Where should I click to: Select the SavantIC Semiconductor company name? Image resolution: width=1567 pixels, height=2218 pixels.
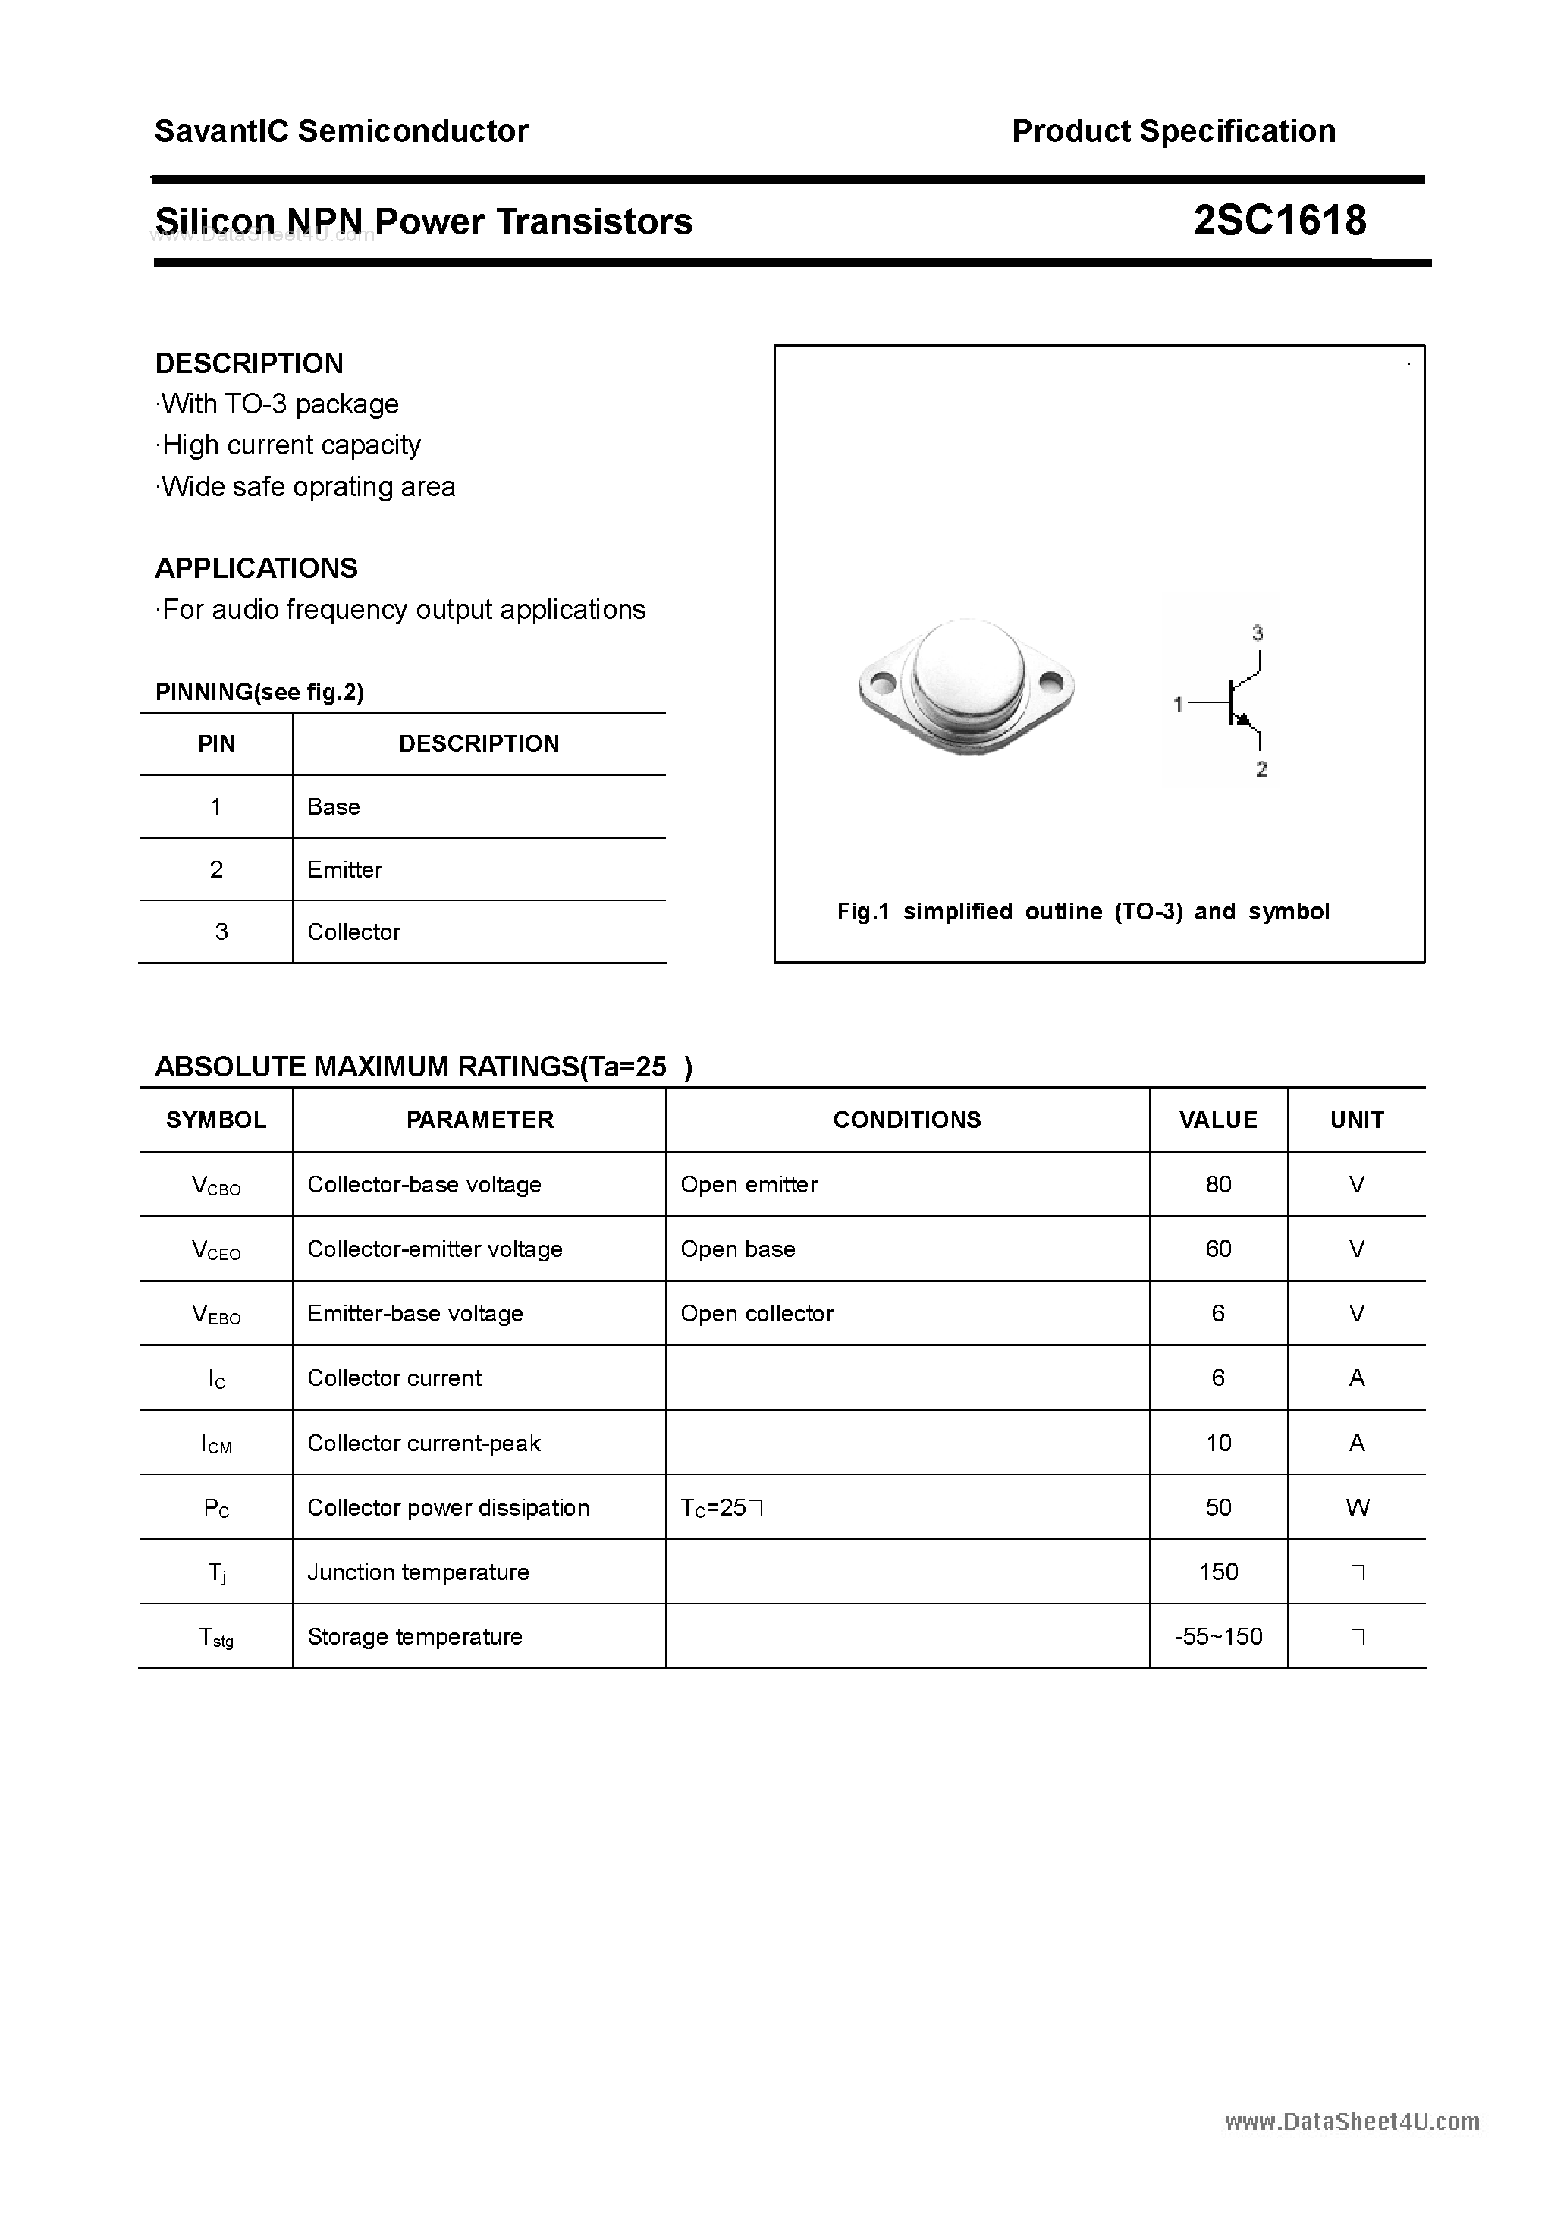pyautogui.click(x=341, y=131)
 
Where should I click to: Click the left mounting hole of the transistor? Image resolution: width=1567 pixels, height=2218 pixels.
pyautogui.click(x=882, y=684)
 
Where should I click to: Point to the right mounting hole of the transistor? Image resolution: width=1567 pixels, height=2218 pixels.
pyautogui.click(x=1051, y=684)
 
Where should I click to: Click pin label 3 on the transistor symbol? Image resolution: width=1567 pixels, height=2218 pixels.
pyautogui.click(x=1257, y=633)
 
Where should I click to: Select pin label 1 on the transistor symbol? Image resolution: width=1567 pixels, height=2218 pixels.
pyautogui.click(x=1178, y=704)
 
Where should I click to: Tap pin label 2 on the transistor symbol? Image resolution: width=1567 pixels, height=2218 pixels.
pyautogui.click(x=1261, y=769)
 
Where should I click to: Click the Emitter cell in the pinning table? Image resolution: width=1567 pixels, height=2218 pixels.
pyautogui.click(x=345, y=869)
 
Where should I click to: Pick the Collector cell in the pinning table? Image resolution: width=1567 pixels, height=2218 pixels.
pyautogui.click(x=353, y=932)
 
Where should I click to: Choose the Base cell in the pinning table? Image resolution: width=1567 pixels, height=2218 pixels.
pyautogui.click(x=333, y=806)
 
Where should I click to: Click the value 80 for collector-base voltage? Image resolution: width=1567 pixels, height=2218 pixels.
pyautogui.click(x=1218, y=1184)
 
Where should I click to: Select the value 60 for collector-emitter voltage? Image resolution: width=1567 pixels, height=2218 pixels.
pyautogui.click(x=1218, y=1249)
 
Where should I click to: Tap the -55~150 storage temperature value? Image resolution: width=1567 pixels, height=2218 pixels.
pyautogui.click(x=1218, y=1636)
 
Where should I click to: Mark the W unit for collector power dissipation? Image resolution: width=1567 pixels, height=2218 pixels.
pyautogui.click(x=1356, y=1508)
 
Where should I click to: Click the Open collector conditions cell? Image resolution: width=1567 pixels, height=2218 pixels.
pyautogui.click(x=756, y=1314)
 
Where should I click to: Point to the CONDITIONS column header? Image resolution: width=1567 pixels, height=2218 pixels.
pyautogui.click(x=906, y=1120)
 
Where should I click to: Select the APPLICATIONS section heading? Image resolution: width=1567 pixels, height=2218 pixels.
pyautogui.click(x=256, y=568)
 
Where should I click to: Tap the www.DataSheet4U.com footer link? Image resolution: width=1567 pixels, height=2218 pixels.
pyautogui.click(x=1352, y=2122)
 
